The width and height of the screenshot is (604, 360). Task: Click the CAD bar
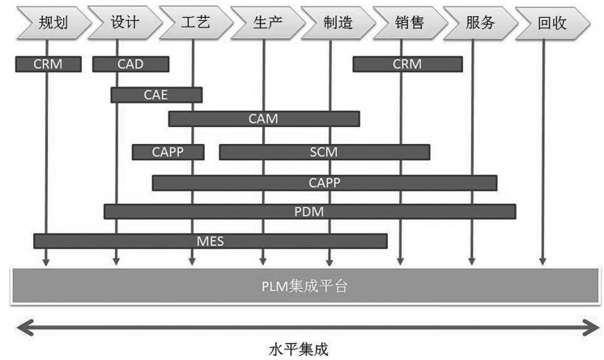(131, 64)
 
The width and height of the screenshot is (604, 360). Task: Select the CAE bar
(156, 95)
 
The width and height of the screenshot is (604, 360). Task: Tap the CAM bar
(264, 119)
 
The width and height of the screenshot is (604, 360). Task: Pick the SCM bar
(324, 151)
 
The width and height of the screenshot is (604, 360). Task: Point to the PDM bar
(309, 211)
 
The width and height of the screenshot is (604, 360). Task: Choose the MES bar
(210, 240)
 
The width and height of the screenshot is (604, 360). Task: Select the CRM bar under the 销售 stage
(407, 64)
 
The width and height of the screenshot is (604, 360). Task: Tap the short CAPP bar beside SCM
(168, 151)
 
